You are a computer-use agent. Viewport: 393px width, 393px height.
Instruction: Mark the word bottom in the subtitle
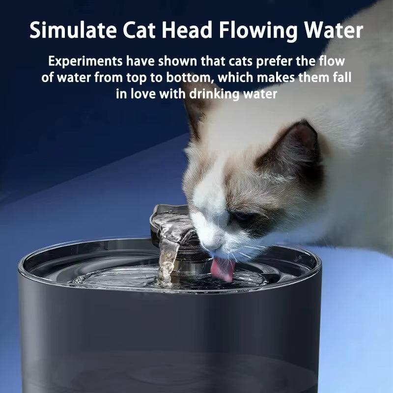tap(188, 78)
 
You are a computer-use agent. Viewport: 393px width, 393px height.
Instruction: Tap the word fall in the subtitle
tap(342, 78)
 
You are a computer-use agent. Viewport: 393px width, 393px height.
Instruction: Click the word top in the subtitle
tap(141, 78)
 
